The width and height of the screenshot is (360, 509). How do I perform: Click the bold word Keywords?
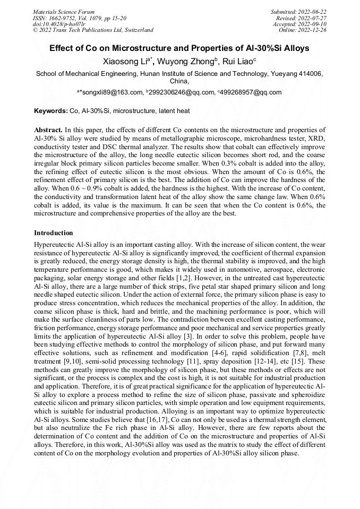coord(50,111)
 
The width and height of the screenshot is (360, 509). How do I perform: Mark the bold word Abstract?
coord(49,130)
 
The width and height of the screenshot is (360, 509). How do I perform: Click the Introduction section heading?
coord(54,233)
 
